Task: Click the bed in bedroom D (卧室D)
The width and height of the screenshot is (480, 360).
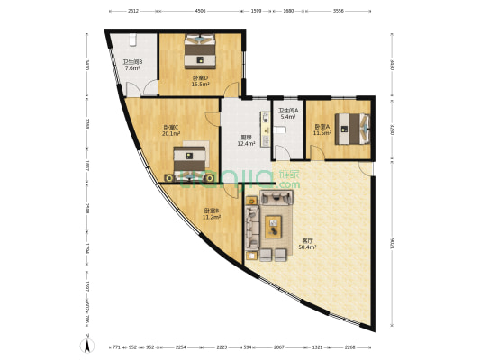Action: point(199,50)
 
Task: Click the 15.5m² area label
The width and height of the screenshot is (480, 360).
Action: point(199,83)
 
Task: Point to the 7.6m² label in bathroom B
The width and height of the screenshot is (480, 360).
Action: point(131,68)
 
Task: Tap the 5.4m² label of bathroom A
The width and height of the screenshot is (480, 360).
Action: point(287,117)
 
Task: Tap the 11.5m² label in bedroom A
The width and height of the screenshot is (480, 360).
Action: point(322,132)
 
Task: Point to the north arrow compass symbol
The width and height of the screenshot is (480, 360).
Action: point(86,343)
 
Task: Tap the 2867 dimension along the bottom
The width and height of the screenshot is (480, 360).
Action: point(279,346)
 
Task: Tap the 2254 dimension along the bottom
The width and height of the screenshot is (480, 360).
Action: point(181,346)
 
